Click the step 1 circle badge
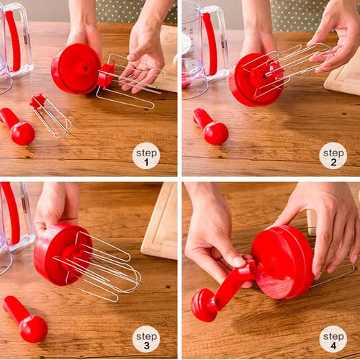(x=146, y=156)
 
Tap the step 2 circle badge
(x=333, y=156)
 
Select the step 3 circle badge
(x=146, y=339)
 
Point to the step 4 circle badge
(x=333, y=339)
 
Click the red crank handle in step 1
(x=17, y=126)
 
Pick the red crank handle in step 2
(x=211, y=127)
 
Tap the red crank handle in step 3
(x=25, y=319)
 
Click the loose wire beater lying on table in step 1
(x=50, y=115)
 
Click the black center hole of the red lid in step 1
(x=86, y=68)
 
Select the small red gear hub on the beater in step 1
(x=106, y=76)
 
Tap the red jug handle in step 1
(x=14, y=40)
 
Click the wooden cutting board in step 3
(x=160, y=223)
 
